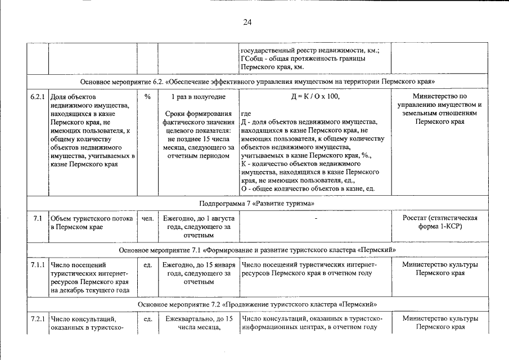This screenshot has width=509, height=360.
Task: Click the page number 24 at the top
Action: (x=247, y=22)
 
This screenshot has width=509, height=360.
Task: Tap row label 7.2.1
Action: (x=38, y=319)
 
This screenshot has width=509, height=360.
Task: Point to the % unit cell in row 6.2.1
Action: (x=147, y=97)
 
